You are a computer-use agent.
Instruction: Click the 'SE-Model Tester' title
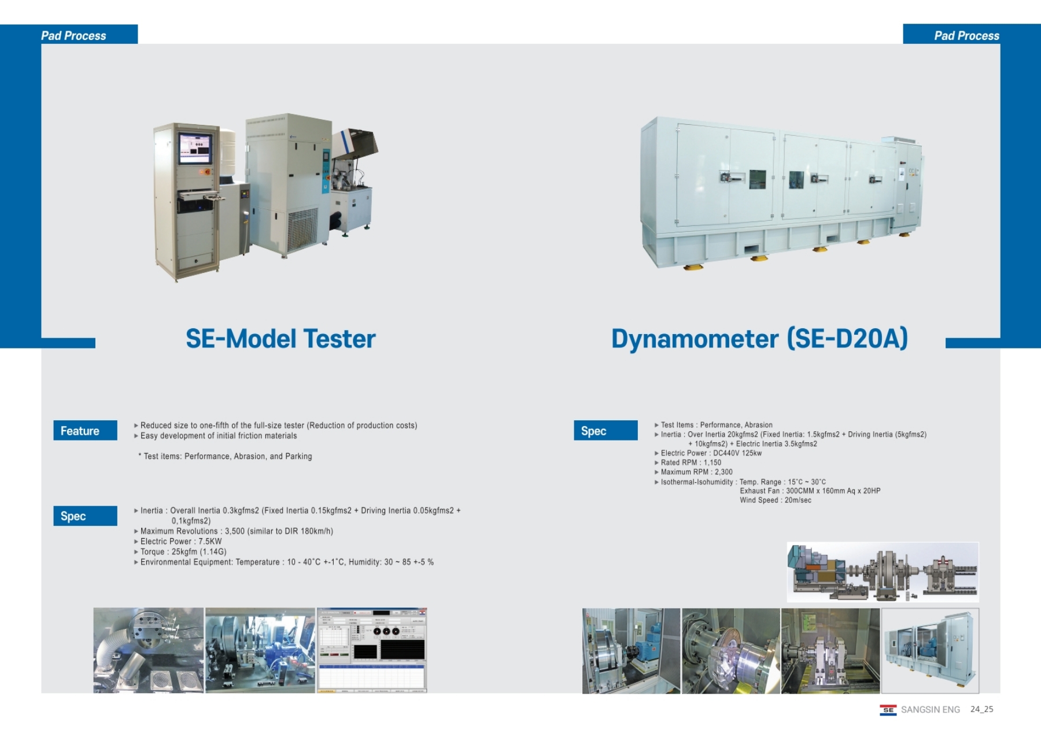(280, 339)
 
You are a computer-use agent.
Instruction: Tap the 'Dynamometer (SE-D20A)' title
(759, 339)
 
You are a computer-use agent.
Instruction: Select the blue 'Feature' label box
(85, 431)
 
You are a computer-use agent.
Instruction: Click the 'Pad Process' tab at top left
(74, 36)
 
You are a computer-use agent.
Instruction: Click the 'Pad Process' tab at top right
(966, 36)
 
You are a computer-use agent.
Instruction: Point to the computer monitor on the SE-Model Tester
(195, 147)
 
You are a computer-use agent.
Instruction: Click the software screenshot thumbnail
(372, 650)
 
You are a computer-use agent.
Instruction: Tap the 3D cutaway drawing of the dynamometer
(883, 572)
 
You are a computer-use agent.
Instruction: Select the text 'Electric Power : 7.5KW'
(181, 542)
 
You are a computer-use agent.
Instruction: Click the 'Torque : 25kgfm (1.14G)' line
(183, 552)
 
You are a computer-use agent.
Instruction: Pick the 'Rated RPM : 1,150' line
(691, 462)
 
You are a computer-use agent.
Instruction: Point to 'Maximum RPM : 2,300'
(696, 472)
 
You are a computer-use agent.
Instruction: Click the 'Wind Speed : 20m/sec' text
(775, 500)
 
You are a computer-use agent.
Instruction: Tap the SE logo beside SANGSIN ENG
(888, 710)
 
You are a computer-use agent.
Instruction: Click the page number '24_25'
(981, 709)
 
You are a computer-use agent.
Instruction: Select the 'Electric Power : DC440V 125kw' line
(711, 453)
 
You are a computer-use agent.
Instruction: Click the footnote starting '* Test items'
(225, 456)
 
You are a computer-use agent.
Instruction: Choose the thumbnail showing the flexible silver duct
(149, 650)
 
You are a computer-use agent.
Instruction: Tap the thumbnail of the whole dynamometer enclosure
(930, 650)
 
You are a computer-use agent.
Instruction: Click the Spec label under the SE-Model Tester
(85, 516)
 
